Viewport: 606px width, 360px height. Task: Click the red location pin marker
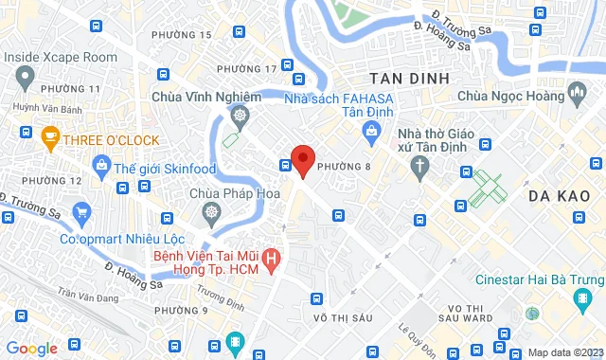[302, 159]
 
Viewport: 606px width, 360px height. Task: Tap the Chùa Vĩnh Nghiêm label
[205, 96]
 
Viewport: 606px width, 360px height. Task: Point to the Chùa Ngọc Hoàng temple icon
[575, 95]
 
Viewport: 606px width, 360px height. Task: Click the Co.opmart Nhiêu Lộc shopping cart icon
[81, 212]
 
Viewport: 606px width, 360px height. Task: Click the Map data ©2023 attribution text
[564, 352]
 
